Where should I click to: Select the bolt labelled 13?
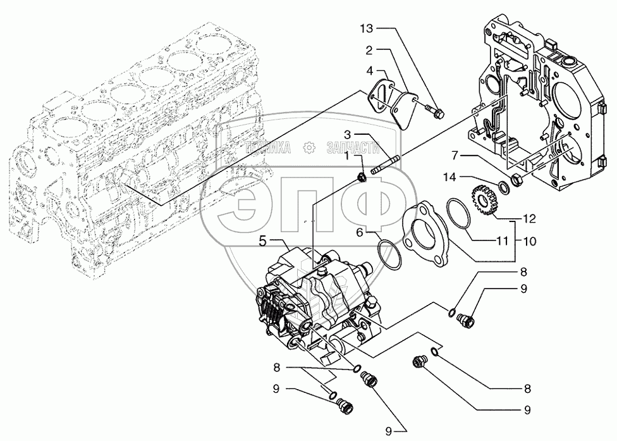point(436,112)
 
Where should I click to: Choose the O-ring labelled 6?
point(389,254)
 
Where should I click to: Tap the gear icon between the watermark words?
point(310,148)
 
